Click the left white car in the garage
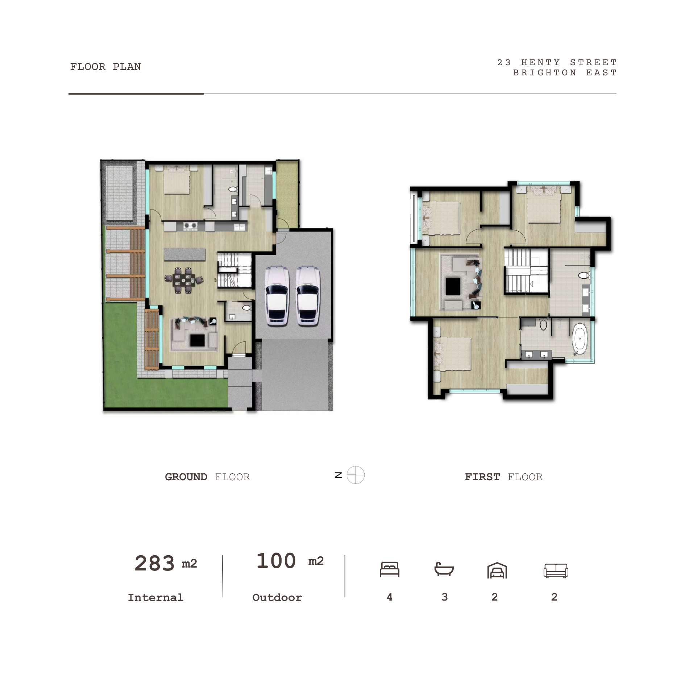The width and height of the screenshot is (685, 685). (277, 295)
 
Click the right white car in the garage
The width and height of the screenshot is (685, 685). (308, 295)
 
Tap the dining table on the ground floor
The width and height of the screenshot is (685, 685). (184, 280)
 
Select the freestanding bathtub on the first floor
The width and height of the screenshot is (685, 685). (580, 339)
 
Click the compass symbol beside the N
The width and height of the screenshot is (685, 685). (356, 475)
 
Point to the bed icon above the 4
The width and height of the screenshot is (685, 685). (390, 569)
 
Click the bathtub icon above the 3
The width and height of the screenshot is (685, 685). (444, 569)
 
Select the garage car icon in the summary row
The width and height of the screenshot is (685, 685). (497, 570)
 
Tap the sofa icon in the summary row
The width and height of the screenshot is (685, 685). (556, 570)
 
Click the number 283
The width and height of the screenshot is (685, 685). (155, 563)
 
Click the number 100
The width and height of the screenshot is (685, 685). (276, 561)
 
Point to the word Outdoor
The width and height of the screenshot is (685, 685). (277, 597)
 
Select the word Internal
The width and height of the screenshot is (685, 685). (156, 597)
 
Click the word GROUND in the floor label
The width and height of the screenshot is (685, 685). (186, 477)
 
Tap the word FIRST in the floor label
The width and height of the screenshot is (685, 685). (482, 477)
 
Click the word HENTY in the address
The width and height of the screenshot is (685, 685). (541, 62)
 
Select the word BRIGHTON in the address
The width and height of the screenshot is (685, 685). (545, 72)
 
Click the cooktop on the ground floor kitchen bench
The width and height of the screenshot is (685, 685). (190, 226)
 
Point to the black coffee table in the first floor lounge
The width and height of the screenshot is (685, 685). (453, 287)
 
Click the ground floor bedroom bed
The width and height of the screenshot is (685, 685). (177, 180)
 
